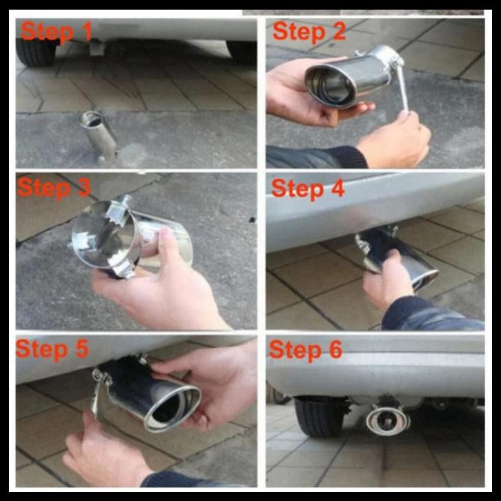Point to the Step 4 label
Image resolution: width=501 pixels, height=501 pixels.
[x=308, y=188]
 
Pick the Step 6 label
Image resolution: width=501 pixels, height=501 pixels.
[x=306, y=349]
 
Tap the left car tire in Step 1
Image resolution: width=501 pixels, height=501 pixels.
[x=36, y=52]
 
